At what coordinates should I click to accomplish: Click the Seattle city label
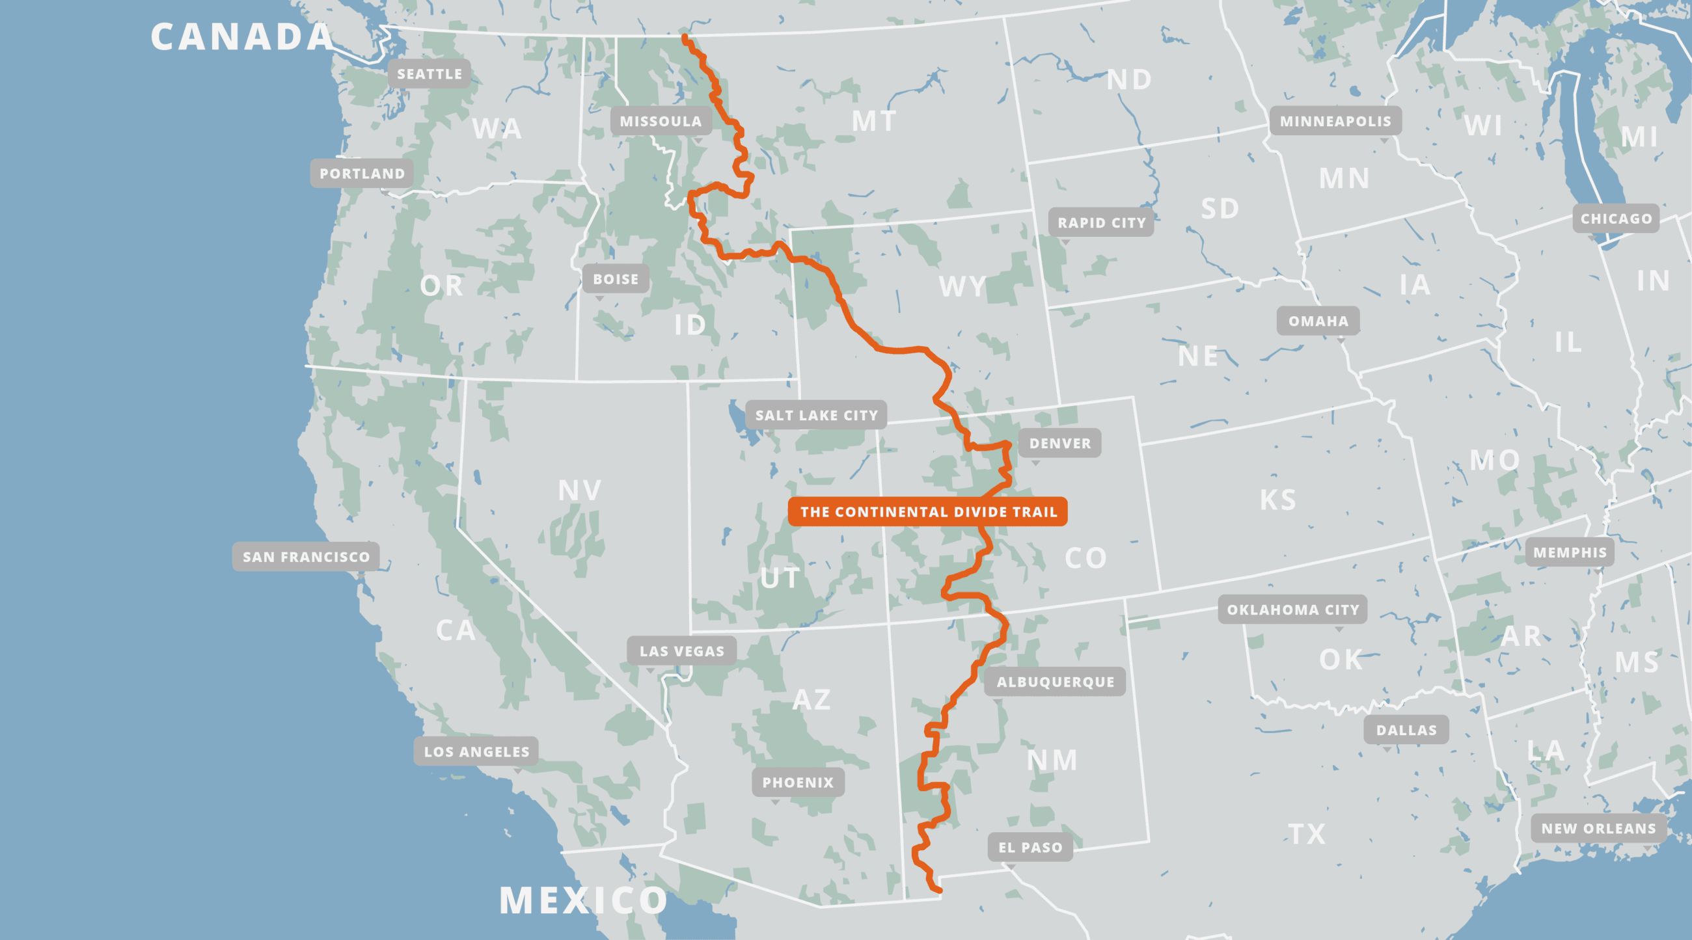(x=430, y=74)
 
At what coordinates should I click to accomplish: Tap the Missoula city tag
(x=661, y=122)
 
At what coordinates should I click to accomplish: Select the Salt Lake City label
(x=817, y=416)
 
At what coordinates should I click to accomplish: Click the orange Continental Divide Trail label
(x=928, y=512)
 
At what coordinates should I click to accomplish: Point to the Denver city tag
(x=1059, y=444)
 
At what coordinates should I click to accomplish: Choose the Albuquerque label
(x=1055, y=682)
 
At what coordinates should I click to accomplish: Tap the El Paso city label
(x=1030, y=848)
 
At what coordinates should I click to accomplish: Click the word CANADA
(x=241, y=37)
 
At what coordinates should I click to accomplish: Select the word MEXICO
(x=582, y=900)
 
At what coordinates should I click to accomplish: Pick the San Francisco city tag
(x=306, y=557)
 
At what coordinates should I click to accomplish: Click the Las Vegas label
(x=682, y=651)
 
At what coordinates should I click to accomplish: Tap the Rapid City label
(x=1102, y=223)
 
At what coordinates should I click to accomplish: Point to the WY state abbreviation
(x=962, y=287)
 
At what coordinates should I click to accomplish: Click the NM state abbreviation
(x=1052, y=761)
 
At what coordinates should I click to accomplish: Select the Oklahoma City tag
(x=1292, y=610)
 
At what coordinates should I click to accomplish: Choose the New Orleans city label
(x=1598, y=828)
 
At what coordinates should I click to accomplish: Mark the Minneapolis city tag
(x=1335, y=122)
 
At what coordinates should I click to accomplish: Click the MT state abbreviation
(x=873, y=122)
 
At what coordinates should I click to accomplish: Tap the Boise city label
(x=616, y=280)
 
